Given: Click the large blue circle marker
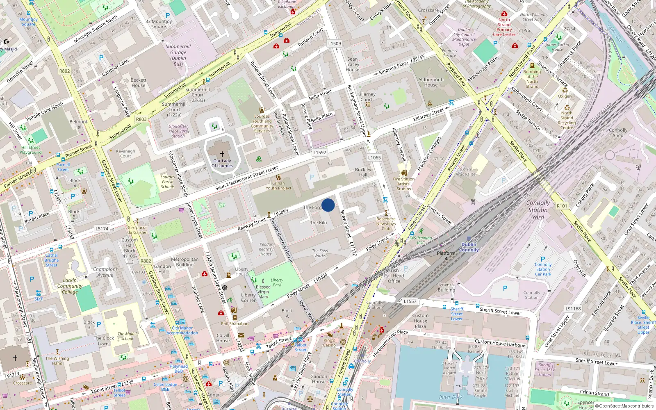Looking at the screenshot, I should click(328, 205).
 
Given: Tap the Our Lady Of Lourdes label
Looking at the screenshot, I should click(222, 163).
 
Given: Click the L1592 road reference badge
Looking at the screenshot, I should click(320, 153).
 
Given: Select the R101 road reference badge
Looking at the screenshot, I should click(562, 206).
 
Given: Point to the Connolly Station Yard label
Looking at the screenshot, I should click(538, 210).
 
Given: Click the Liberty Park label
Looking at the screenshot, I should click(277, 282).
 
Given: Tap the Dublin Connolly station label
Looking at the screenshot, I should click(469, 247).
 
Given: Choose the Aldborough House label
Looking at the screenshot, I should click(430, 82).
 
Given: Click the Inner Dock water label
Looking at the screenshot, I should click(451, 397).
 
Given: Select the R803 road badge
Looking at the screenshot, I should click(141, 119).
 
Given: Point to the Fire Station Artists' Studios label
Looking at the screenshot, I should click(404, 184).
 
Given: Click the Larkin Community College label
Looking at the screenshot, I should click(70, 286).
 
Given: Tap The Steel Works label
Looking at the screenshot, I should click(320, 253).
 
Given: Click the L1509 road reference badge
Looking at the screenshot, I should click(334, 43).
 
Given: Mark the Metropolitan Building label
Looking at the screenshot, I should click(184, 262).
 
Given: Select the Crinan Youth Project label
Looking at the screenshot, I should click(278, 186).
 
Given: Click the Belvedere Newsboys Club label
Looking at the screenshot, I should click(386, 223).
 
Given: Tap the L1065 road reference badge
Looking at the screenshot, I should click(374, 157).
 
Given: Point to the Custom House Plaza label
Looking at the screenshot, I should click(420, 321).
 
